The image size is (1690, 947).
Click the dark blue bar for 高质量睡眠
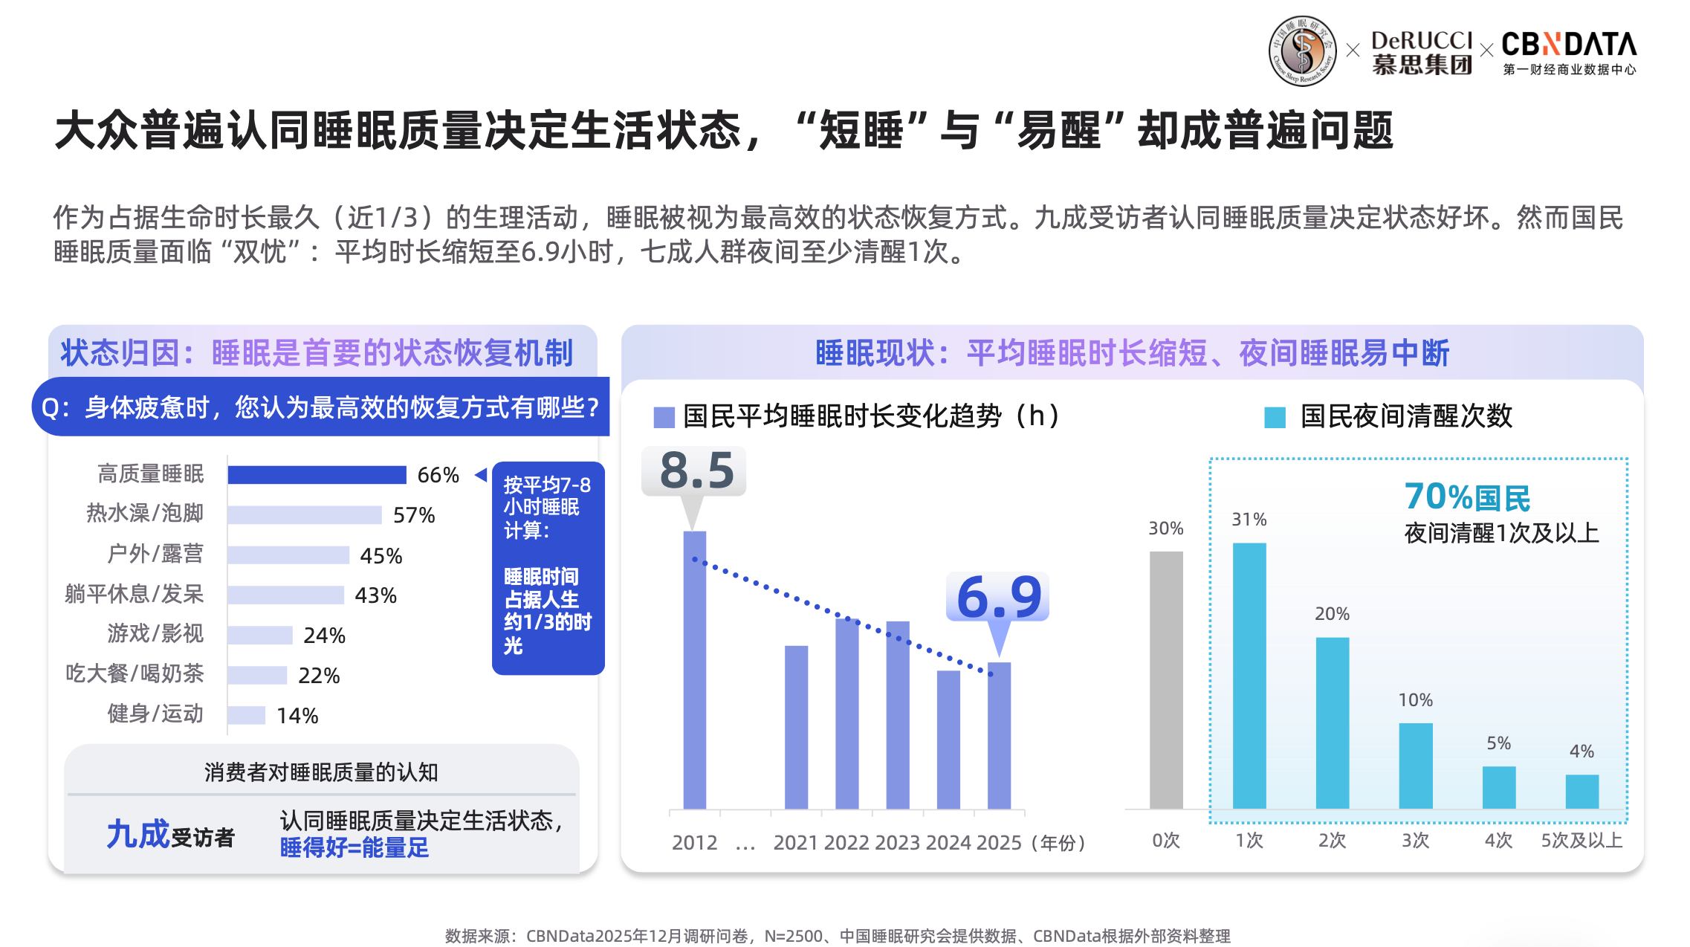(317, 475)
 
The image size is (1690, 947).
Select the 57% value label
(414, 515)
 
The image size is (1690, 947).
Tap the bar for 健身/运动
(246, 715)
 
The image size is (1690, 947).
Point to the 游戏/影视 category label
(155, 633)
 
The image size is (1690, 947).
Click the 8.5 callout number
(696, 471)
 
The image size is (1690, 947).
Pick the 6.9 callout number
(999, 597)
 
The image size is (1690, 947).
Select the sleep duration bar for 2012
(695, 669)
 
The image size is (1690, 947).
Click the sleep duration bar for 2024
(948, 739)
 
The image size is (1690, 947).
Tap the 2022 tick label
(846, 843)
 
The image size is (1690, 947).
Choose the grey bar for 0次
(1166, 679)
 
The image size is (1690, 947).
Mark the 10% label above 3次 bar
(1416, 700)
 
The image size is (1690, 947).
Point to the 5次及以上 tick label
(1581, 841)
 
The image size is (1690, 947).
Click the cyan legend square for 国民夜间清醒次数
(1275, 418)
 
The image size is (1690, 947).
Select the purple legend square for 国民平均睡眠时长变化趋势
(664, 418)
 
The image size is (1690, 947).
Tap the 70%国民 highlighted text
(1467, 497)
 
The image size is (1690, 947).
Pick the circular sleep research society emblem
(1302, 51)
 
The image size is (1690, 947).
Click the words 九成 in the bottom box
(138, 834)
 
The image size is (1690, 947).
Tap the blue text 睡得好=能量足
(354, 847)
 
